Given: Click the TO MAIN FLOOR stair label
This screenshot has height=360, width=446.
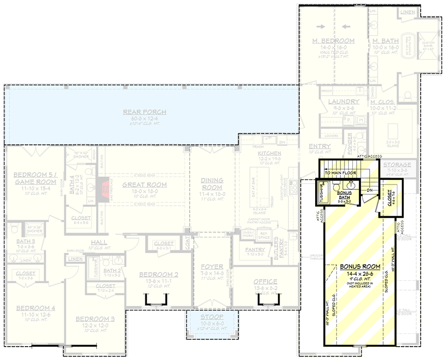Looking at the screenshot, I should (339, 173).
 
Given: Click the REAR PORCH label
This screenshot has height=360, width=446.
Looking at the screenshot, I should (145, 113).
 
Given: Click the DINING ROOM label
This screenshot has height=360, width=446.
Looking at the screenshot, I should (212, 183).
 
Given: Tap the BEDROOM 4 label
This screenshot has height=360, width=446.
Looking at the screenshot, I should (35, 308).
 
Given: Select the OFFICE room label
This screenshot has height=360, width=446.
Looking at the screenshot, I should (266, 282).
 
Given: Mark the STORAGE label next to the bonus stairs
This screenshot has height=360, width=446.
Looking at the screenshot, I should (397, 165).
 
